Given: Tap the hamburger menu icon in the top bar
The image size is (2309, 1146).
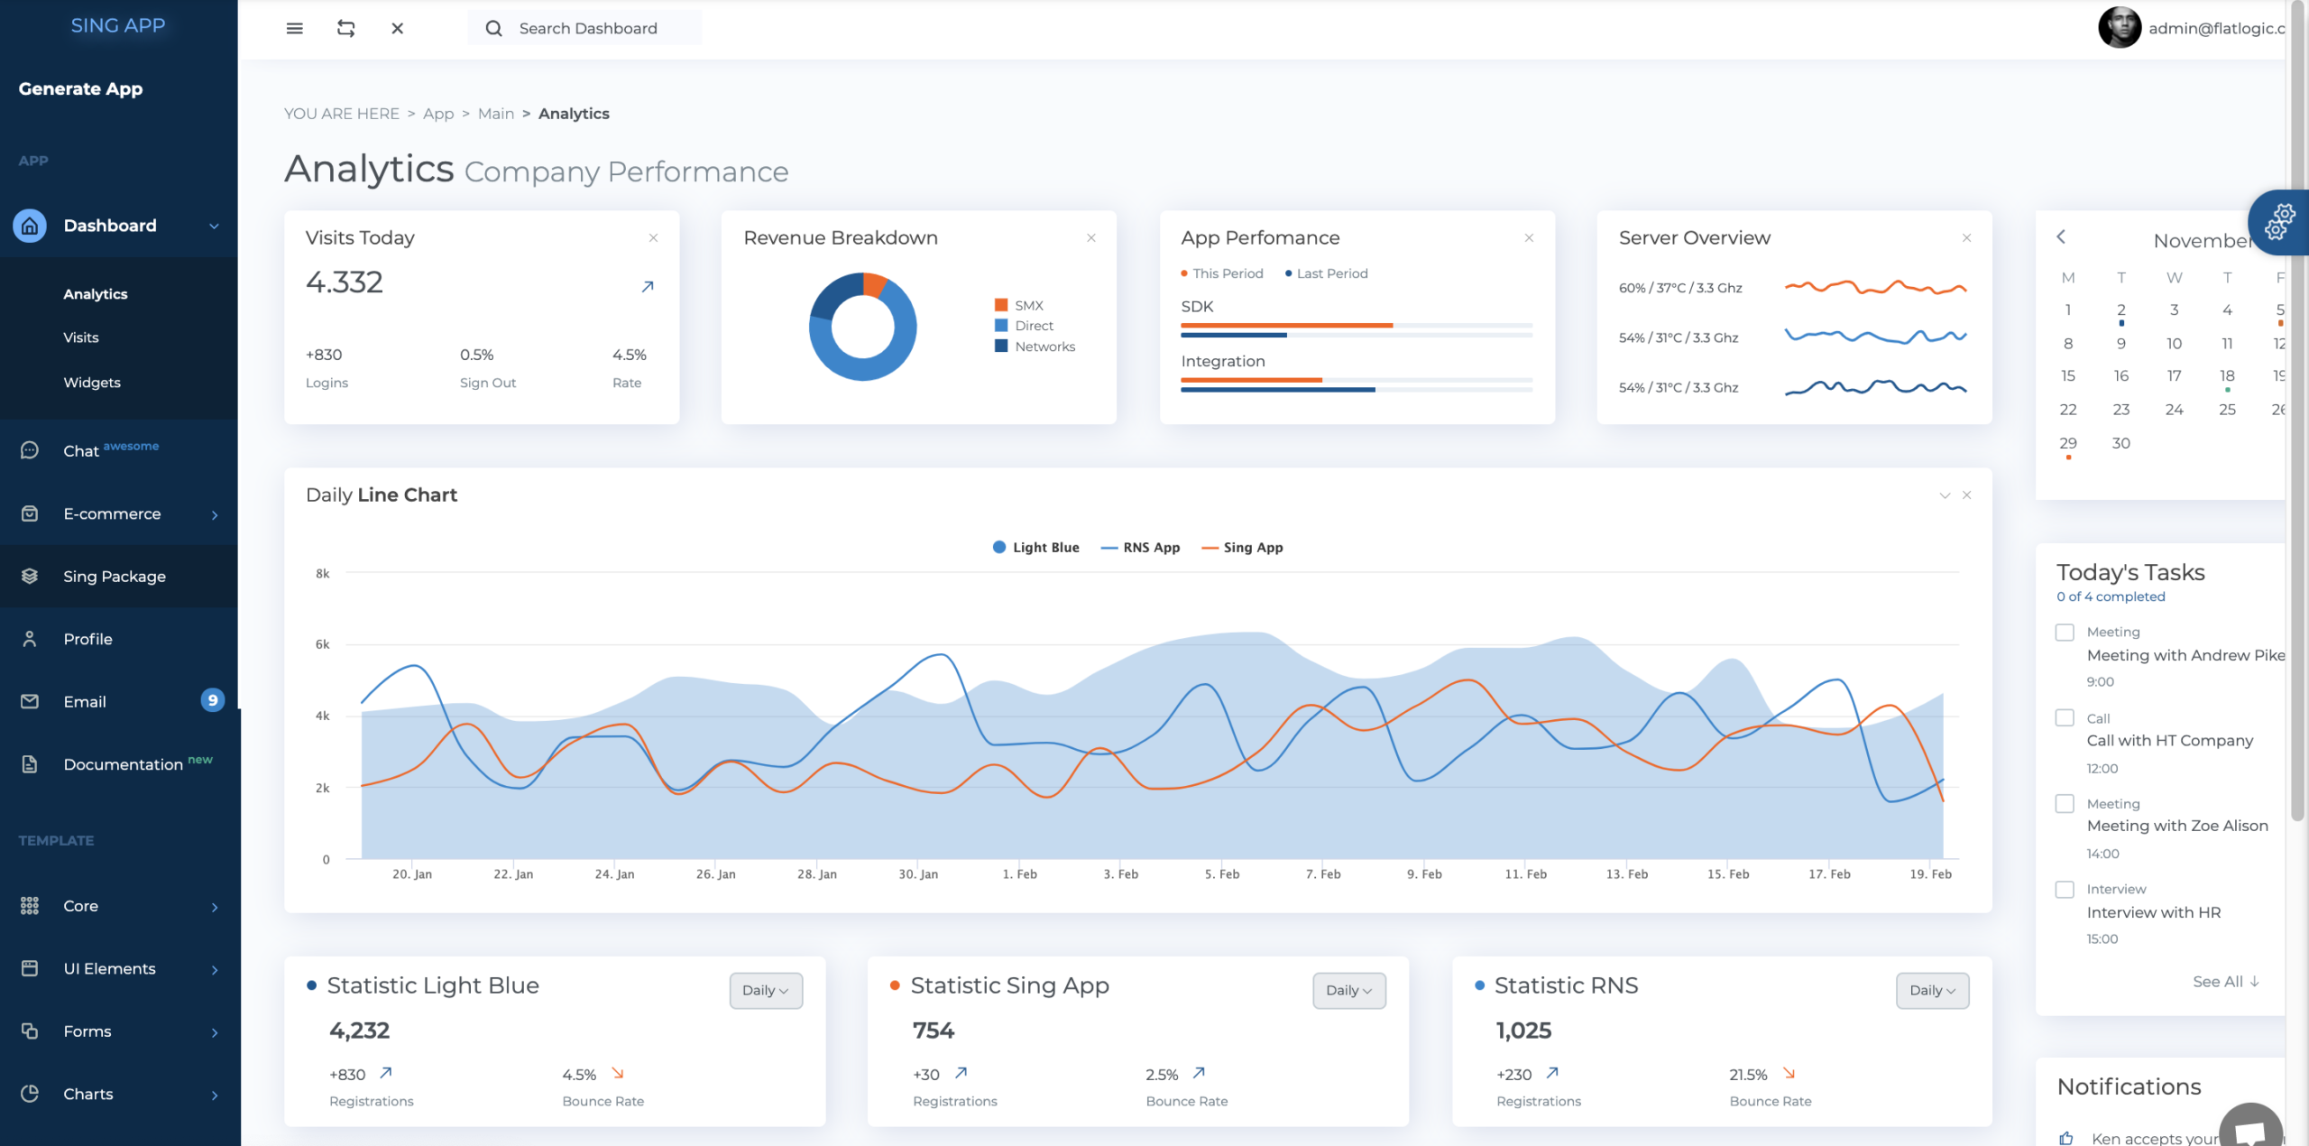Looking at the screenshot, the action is coord(294,28).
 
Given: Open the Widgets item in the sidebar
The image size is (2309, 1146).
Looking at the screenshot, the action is coord(92,383).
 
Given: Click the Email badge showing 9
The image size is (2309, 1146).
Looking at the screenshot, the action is coord(213,700).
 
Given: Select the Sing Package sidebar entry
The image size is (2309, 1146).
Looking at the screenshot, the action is coord(115,577).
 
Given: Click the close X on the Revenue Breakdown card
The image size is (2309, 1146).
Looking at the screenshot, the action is coord(1091,238).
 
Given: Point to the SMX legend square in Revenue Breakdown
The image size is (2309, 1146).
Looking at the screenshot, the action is coord(1001,305).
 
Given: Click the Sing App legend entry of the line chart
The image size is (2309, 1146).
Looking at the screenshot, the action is coord(1243,548).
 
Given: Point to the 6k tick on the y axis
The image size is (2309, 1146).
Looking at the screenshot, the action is coord(322,644).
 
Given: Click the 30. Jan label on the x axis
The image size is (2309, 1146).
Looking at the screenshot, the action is coord(918,874).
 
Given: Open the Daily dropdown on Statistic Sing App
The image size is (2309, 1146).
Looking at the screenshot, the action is coord(1349,991).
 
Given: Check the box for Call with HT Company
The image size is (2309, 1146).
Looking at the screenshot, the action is coord(2065,718).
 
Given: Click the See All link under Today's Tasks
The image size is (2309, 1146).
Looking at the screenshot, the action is coord(2226,982).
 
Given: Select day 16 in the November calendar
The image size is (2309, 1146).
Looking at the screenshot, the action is coord(2121,376).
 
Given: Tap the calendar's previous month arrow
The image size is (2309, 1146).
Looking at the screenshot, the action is coord(2061,236).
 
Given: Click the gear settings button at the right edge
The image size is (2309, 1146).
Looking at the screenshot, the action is coord(2279,222).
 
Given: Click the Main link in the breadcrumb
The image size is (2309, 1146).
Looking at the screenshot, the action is coord(496,114).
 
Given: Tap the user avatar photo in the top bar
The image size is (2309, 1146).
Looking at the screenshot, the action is coord(2120,28).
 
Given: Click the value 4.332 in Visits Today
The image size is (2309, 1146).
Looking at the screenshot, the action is coord(345,282).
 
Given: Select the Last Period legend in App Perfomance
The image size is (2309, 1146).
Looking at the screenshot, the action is coord(1327,273).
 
